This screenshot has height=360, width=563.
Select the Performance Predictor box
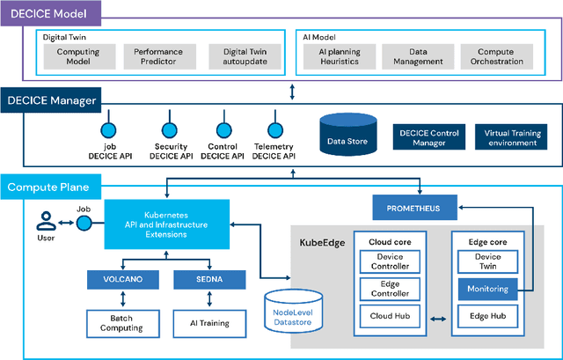[155, 57]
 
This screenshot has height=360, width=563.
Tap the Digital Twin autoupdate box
[238, 57]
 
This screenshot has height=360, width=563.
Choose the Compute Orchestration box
[493, 57]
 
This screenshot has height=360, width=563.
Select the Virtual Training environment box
[509, 136]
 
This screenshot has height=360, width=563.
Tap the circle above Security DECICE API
[170, 115]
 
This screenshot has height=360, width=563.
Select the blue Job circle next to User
[84, 224]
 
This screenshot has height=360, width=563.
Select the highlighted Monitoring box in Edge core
[486, 288]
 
